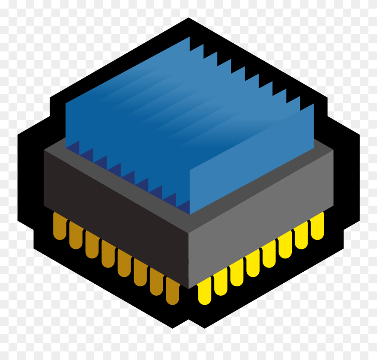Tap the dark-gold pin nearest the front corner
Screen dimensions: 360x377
point(172,292)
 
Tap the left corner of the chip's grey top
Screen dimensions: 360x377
point(44,150)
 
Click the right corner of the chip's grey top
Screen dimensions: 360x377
point(333,150)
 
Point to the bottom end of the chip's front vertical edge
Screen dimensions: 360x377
point(188,288)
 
